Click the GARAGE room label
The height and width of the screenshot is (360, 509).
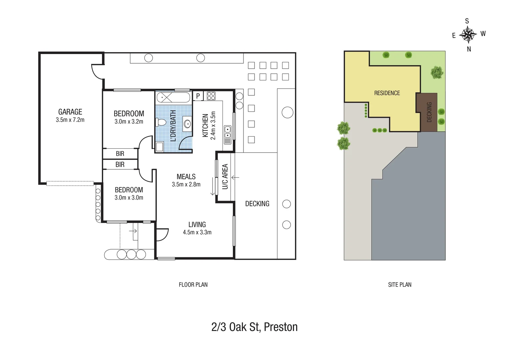coord(70,112)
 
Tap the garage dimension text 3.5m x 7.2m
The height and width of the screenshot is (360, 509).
coord(70,120)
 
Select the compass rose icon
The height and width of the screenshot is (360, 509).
coord(468,35)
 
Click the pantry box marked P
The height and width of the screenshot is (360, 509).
coord(198,96)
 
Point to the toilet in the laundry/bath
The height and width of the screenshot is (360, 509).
coord(161,122)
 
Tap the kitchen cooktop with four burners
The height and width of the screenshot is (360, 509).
coord(211,96)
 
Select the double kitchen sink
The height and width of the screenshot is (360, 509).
coord(228,132)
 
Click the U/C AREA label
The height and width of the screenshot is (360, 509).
coord(225,177)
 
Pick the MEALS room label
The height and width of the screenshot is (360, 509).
coord(186,177)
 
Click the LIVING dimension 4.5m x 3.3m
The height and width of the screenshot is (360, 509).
coord(197,232)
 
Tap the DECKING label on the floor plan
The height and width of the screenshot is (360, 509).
coord(257,204)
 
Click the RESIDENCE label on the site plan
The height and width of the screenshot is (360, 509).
coord(387,93)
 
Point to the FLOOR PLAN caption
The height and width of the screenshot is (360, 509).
coord(193,285)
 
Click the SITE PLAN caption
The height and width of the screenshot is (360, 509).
coord(399,285)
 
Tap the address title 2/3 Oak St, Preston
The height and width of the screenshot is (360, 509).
coord(254,327)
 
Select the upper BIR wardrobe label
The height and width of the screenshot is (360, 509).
coord(120,154)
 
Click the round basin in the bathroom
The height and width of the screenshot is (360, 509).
coord(187,124)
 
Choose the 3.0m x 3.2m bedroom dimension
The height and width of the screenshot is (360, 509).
coord(129,122)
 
